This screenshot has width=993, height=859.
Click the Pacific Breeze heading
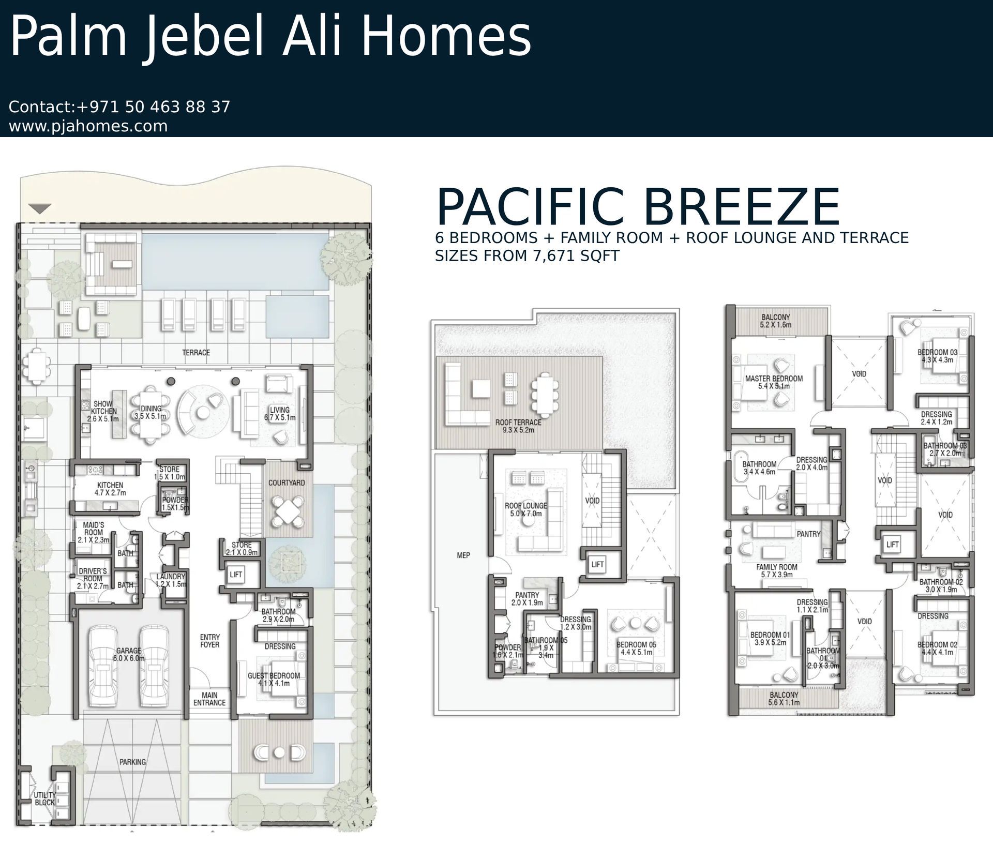click(638, 207)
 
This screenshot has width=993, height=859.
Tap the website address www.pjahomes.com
click(88, 126)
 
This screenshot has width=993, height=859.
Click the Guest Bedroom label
click(274, 680)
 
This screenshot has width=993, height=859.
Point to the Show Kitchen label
click(103, 411)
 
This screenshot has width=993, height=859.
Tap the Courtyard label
click(287, 483)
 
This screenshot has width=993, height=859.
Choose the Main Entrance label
click(209, 699)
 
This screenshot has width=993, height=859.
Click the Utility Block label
click(44, 798)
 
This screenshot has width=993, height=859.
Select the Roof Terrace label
click(518, 426)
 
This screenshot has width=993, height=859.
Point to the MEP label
click(463, 555)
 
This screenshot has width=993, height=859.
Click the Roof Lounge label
click(526, 509)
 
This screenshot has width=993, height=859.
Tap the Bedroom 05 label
click(636, 649)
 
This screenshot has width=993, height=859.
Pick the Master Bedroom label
click(774, 382)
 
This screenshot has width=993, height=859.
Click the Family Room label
click(777, 570)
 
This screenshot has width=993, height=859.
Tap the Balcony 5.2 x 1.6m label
click(776, 321)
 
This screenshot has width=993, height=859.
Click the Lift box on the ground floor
click(236, 574)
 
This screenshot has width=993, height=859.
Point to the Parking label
click(133, 762)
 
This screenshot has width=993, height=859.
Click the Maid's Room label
click(94, 532)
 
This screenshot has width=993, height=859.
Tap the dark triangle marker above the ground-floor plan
click(40, 209)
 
